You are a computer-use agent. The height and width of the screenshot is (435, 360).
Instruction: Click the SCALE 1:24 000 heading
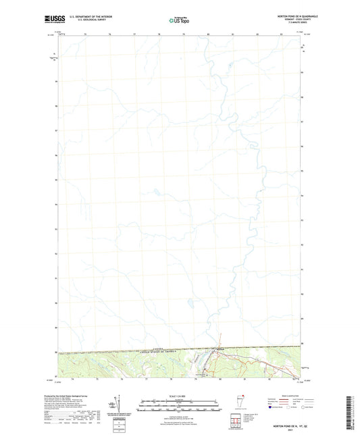(177, 395)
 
